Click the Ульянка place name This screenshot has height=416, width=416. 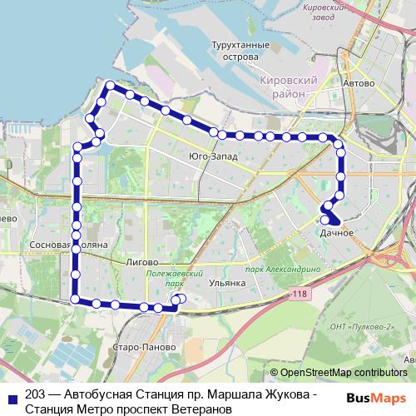pyautogui.click(x=227, y=283)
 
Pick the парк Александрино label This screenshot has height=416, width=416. pyautogui.click(x=283, y=270)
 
